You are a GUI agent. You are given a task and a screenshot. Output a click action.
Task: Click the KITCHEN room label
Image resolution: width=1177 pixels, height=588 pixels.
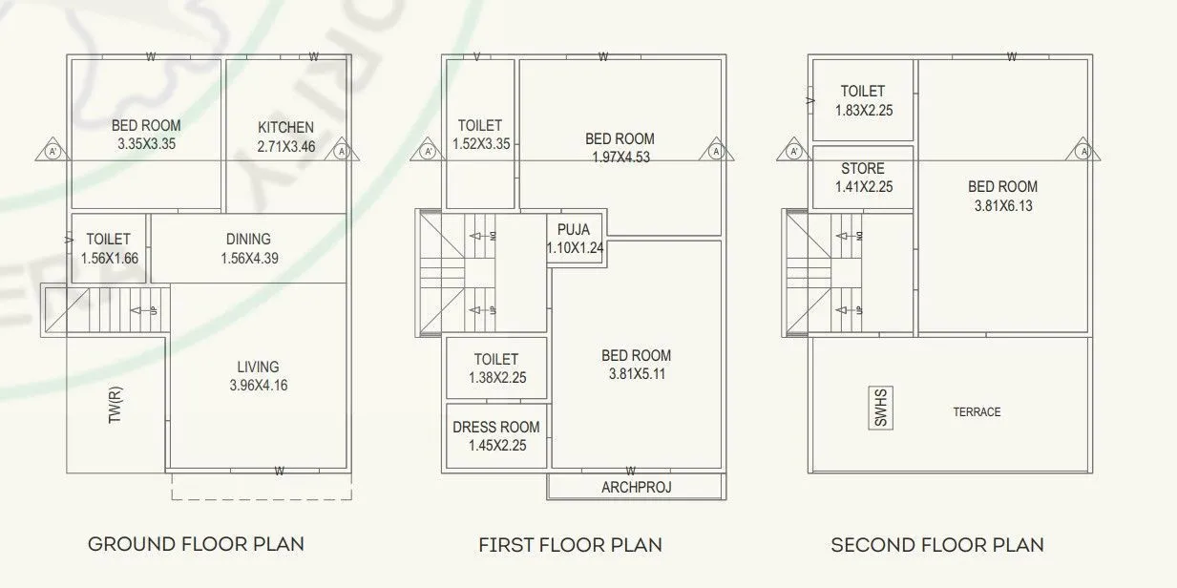coord(285,127)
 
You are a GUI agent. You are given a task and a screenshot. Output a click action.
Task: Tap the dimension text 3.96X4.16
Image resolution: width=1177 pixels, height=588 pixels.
coord(258,386)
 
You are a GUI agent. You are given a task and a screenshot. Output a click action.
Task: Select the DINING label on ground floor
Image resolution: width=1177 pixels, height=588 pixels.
coord(248,239)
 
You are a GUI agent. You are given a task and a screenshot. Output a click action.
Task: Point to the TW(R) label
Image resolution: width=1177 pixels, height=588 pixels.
coord(115,405)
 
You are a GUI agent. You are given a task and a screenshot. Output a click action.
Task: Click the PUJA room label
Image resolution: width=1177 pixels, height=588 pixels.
coord(574,230)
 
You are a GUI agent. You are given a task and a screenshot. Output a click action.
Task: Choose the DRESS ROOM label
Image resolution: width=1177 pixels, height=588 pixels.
coord(496,427)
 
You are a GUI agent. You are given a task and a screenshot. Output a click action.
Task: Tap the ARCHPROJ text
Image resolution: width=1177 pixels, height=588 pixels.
coord(636,487)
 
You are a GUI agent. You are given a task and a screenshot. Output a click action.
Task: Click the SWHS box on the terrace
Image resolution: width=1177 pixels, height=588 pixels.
coord(880,408)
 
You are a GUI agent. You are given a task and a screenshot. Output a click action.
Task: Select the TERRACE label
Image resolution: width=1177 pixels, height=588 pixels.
coord(977,412)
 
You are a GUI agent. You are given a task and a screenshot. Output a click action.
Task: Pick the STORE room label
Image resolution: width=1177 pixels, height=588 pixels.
coord(862,169)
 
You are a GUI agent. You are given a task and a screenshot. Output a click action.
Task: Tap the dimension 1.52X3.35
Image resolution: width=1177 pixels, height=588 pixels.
coord(480,144)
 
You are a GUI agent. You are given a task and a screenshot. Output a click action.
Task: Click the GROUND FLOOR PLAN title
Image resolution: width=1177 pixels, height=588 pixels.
coord(196,544)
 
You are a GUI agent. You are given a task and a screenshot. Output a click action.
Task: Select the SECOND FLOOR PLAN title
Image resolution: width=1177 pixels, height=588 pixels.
coord(936,545)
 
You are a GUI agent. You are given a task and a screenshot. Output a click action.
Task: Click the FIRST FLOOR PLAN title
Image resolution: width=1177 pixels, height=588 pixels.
coord(570,545)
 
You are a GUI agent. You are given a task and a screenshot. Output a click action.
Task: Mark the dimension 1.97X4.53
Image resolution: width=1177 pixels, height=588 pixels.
coord(620,157)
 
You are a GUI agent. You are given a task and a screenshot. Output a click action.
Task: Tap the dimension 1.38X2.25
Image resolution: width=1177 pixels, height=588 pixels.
coord(496,378)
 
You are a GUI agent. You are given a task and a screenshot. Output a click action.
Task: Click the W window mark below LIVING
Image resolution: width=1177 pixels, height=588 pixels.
coord(279,471)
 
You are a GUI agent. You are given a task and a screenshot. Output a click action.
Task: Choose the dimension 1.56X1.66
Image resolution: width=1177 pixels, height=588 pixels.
coord(108,258)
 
